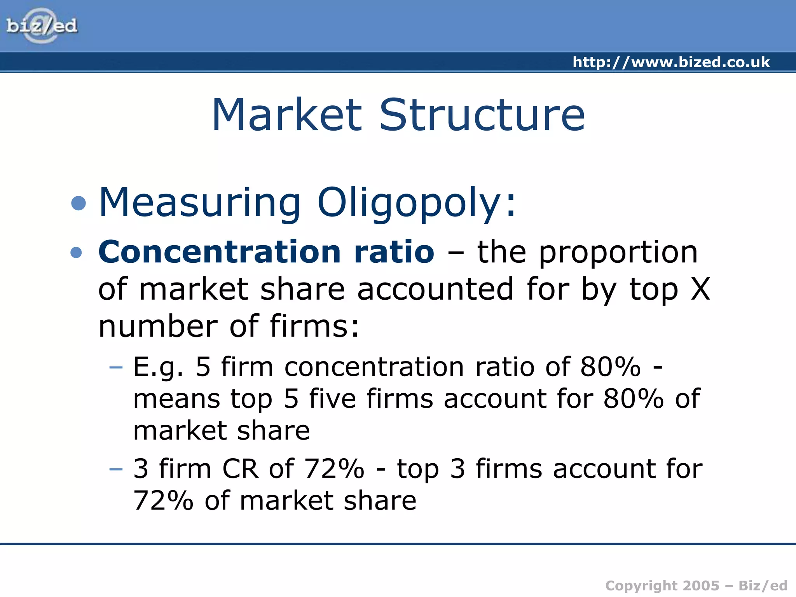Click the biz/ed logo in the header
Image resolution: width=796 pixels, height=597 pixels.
coord(42,26)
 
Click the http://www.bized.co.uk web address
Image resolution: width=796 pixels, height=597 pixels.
coord(671,62)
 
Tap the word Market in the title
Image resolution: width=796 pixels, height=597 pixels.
coord(287,115)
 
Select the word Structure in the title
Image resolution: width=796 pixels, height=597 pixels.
coord(482,115)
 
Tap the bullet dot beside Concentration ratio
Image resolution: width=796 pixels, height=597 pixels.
coord(77,253)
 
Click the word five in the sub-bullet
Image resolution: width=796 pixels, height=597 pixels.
coord(332,399)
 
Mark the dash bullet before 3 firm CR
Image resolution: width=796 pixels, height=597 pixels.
coord(116,469)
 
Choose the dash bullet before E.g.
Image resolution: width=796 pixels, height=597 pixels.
coord(116,367)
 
